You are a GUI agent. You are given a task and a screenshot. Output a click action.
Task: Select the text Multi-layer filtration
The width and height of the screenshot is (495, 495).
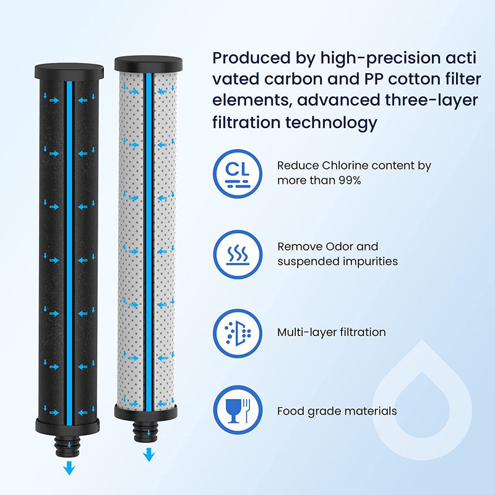coord(331,332)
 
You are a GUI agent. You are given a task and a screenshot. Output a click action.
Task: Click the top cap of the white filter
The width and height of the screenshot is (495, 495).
coord(148,63)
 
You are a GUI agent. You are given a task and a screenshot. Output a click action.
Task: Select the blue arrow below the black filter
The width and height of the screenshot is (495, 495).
coord(69,469)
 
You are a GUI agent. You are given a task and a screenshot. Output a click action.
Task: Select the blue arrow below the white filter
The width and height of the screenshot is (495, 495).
coord(148,455)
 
